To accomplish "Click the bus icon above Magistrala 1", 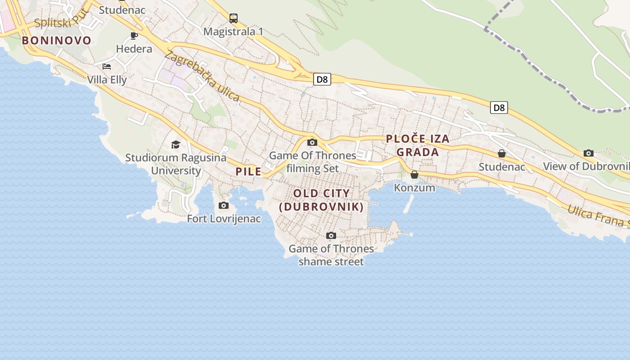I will click(233, 18).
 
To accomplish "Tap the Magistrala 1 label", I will click(233, 31).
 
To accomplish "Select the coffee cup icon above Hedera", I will click(134, 36).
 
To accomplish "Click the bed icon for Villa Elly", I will click(107, 67).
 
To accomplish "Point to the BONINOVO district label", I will click(57, 40).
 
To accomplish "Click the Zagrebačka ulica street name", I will click(202, 76).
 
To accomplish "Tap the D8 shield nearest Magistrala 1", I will click(322, 80).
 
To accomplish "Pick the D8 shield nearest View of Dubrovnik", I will click(499, 108).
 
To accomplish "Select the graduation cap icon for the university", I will click(175, 144).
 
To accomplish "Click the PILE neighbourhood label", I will click(248, 171).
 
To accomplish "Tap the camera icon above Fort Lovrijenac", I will click(223, 206).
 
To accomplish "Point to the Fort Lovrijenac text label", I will click(224, 219).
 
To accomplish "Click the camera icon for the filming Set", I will click(312, 143).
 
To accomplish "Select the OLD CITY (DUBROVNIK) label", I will click(321, 200).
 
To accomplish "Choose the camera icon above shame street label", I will click(331, 235).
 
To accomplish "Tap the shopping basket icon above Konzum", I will click(414, 175).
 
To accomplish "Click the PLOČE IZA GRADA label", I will click(418, 145).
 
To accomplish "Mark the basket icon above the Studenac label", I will click(502, 154).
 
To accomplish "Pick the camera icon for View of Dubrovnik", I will click(588, 153).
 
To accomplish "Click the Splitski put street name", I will click(53, 22).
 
